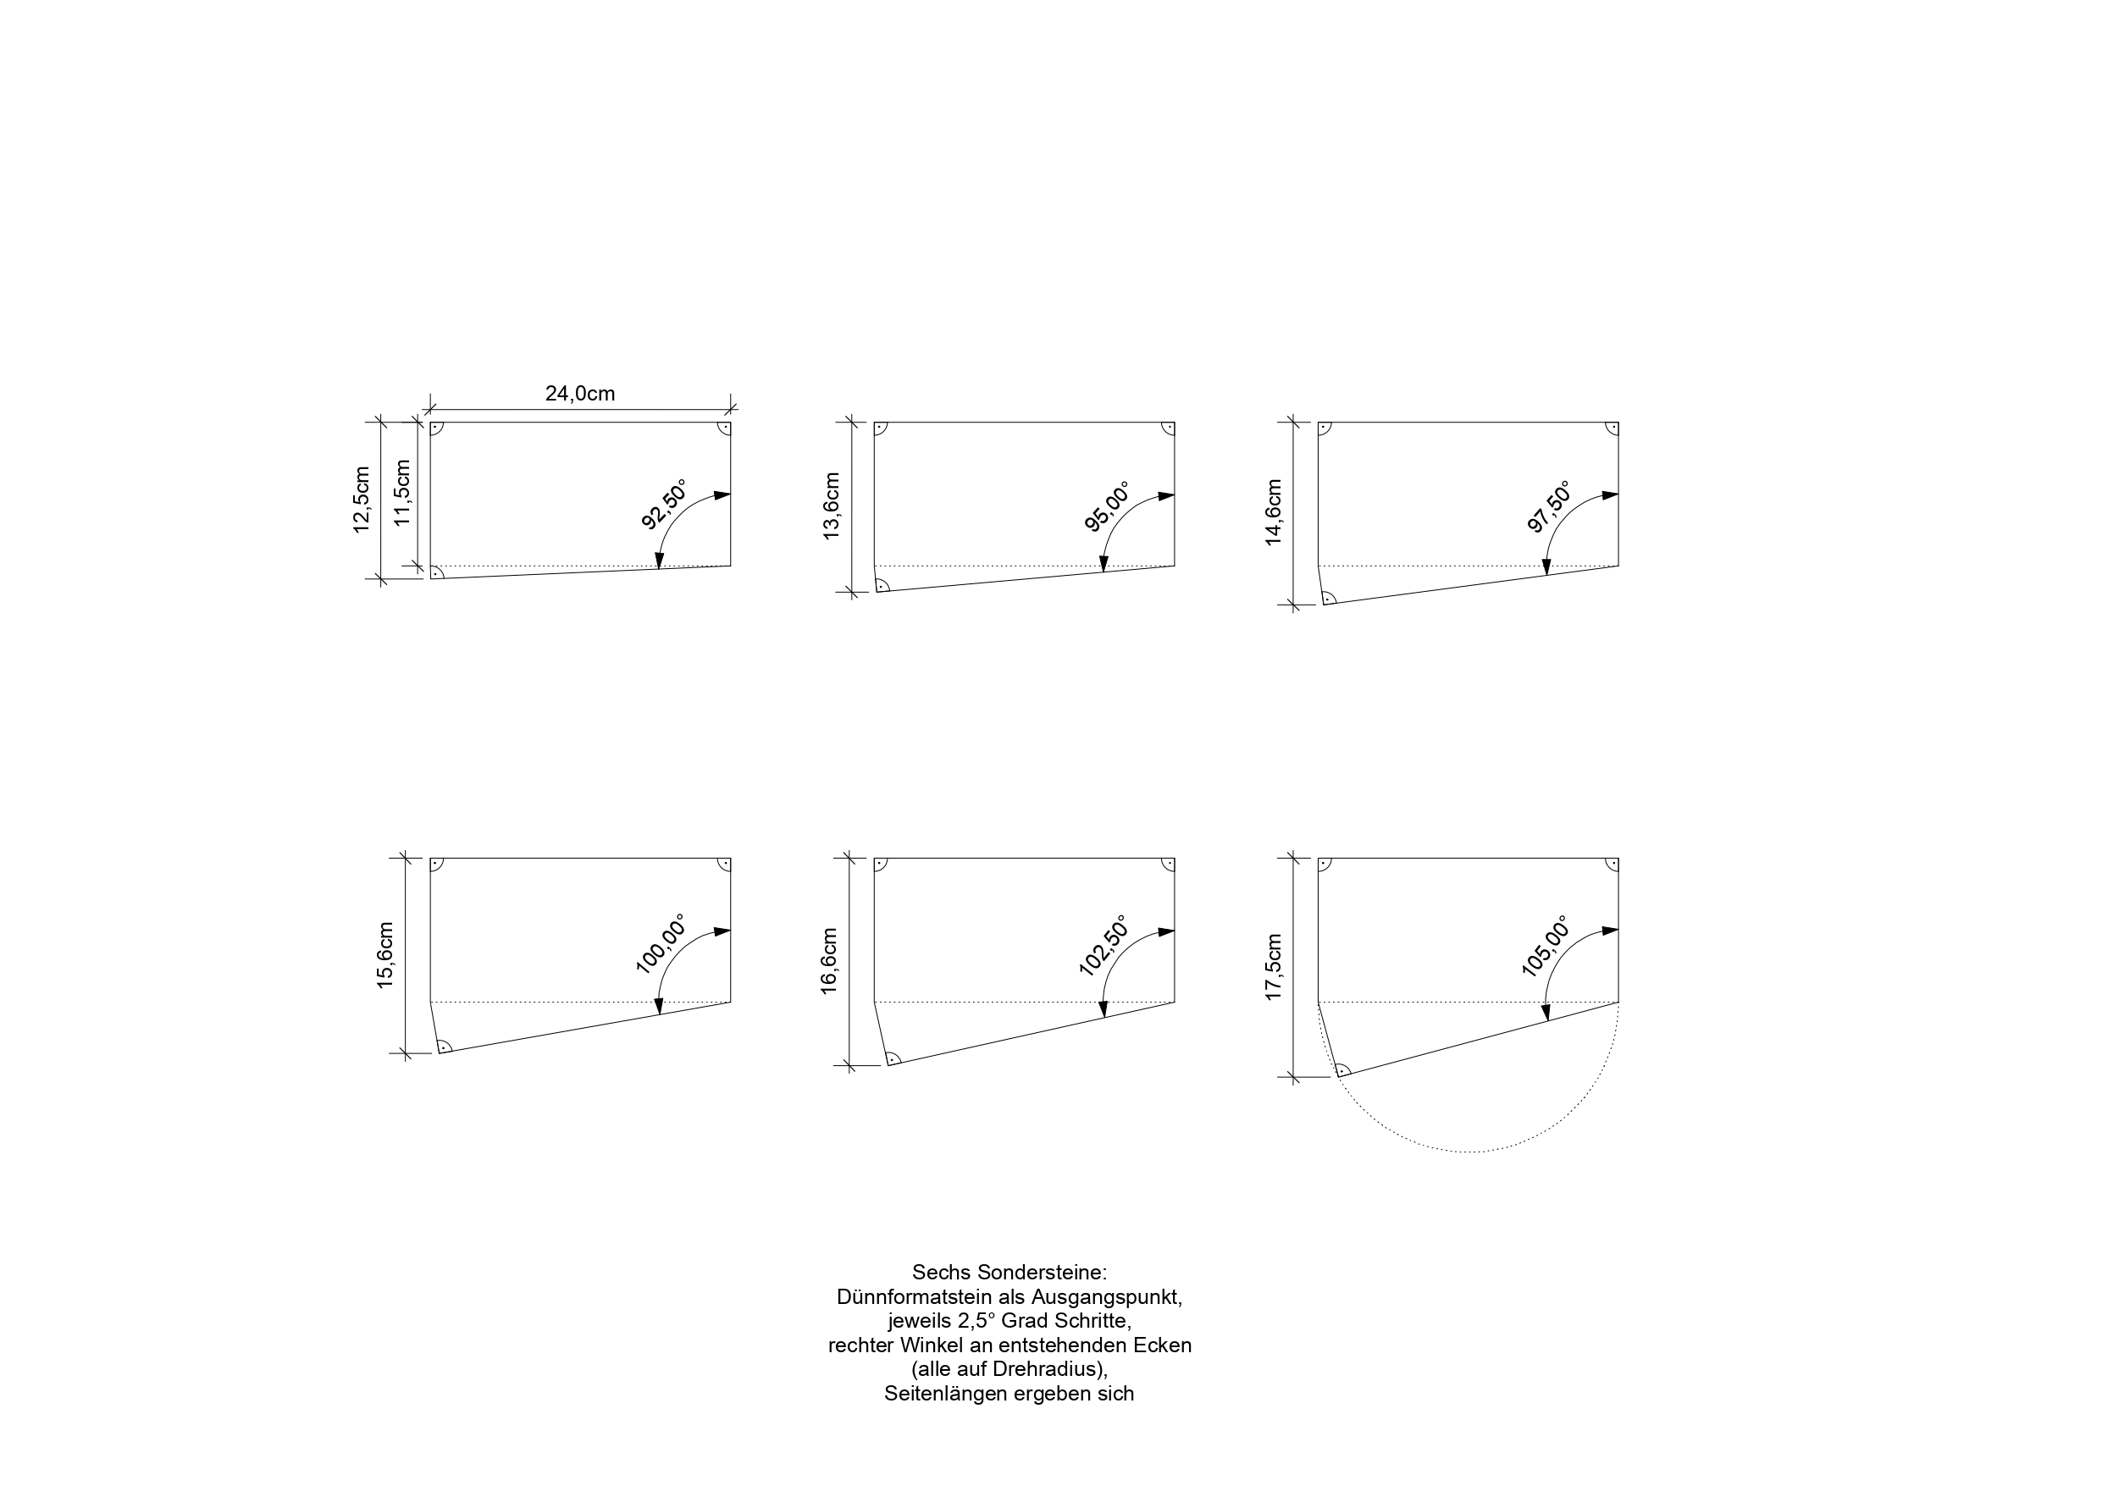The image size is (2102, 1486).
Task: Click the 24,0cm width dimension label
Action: coord(579,394)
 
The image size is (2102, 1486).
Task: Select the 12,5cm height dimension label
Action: coord(362,500)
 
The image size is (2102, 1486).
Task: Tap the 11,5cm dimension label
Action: coord(402,493)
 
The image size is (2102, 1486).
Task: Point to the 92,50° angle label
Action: coord(664,504)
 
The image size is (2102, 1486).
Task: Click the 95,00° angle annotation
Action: coord(1107,506)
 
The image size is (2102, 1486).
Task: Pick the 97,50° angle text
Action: coord(1549,506)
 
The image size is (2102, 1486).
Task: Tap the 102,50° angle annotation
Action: coord(1104,945)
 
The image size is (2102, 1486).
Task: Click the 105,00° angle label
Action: coord(1546,946)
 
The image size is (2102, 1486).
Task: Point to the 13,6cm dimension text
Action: coord(832,506)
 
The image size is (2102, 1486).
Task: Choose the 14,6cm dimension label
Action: coord(1274,513)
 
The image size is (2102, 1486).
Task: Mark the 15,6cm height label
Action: coord(384,955)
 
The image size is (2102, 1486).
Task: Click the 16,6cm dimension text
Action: coord(828,961)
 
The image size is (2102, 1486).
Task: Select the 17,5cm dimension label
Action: coord(1274,968)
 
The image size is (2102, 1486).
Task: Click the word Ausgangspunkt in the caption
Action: coord(1107,1297)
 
